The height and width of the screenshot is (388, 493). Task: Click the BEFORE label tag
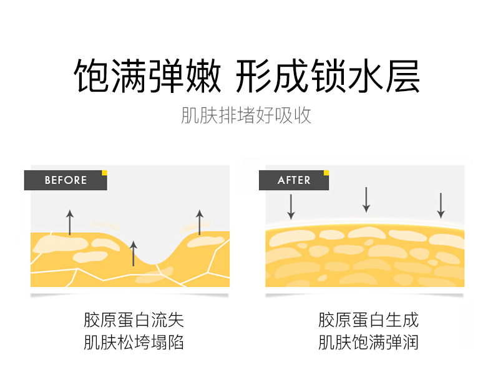pos(66,180)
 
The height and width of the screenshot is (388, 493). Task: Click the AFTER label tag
pos(294,180)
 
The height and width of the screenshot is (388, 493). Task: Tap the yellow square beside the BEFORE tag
pos(105,173)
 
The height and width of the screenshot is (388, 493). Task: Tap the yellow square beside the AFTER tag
pos(326,173)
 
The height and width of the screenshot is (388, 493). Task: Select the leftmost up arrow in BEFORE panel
pos(70,222)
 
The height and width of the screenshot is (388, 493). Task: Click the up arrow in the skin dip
pos(132,253)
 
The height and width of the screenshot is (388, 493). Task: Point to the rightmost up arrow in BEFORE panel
pos(200,222)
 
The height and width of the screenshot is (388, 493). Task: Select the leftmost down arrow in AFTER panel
pos(291,206)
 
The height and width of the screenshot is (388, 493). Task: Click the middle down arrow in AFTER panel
pos(366,200)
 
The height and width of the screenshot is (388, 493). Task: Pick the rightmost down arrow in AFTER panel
pos(441,205)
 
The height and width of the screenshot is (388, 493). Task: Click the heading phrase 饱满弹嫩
pos(147,77)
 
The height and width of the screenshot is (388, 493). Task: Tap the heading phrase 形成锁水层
pos(328,77)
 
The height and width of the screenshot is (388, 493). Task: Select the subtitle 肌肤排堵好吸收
pos(246,116)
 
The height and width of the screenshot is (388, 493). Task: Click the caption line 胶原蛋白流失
pos(134,321)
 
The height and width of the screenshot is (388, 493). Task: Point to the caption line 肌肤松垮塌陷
pos(134,342)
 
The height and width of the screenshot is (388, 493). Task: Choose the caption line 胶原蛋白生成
pos(368,321)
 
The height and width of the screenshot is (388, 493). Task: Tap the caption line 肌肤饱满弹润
pos(368,342)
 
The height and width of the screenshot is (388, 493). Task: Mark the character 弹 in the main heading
pos(165,77)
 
